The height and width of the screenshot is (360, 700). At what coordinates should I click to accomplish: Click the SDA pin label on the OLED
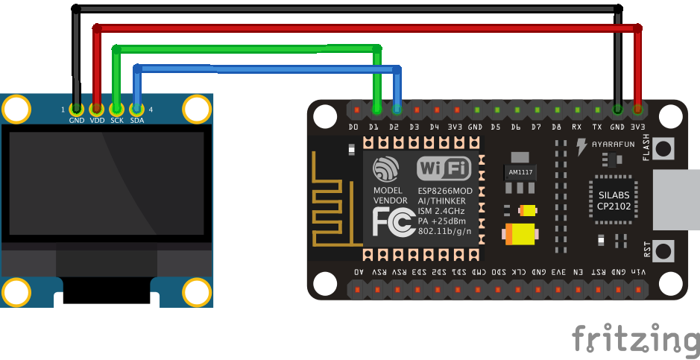(136, 120)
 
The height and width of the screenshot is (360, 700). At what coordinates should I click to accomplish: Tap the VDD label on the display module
(97, 120)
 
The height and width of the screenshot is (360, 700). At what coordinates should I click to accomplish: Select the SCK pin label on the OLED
(117, 120)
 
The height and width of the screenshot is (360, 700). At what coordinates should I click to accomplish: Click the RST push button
(663, 249)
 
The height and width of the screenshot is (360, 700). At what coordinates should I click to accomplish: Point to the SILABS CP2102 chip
(614, 199)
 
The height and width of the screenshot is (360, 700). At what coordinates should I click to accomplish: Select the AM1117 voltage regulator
(520, 172)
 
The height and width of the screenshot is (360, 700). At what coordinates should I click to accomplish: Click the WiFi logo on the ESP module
(444, 169)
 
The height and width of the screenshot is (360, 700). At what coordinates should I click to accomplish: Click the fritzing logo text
(635, 339)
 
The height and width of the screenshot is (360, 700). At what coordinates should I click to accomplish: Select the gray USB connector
(677, 199)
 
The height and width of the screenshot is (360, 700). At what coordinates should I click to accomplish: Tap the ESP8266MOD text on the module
(444, 190)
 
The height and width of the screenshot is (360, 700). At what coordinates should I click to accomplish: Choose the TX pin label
(597, 128)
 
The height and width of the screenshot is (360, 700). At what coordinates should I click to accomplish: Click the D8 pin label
(556, 128)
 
